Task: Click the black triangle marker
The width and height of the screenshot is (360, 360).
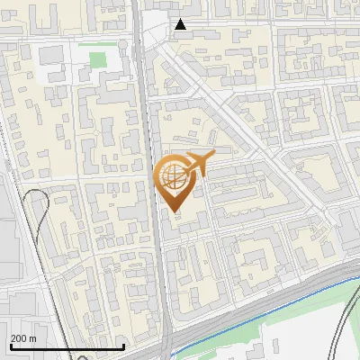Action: click(x=181, y=25)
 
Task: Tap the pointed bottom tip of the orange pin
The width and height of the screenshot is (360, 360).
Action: click(x=174, y=211)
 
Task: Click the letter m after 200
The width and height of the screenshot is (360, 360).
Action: click(x=32, y=338)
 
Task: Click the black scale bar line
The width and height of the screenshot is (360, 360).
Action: click(x=67, y=347)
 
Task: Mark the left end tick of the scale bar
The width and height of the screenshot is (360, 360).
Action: click(x=11, y=346)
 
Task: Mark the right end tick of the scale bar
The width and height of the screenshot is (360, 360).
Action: click(x=123, y=346)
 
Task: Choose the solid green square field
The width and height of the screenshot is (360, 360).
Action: click(x=97, y=61)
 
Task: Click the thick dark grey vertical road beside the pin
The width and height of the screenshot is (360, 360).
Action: click(x=158, y=225)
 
